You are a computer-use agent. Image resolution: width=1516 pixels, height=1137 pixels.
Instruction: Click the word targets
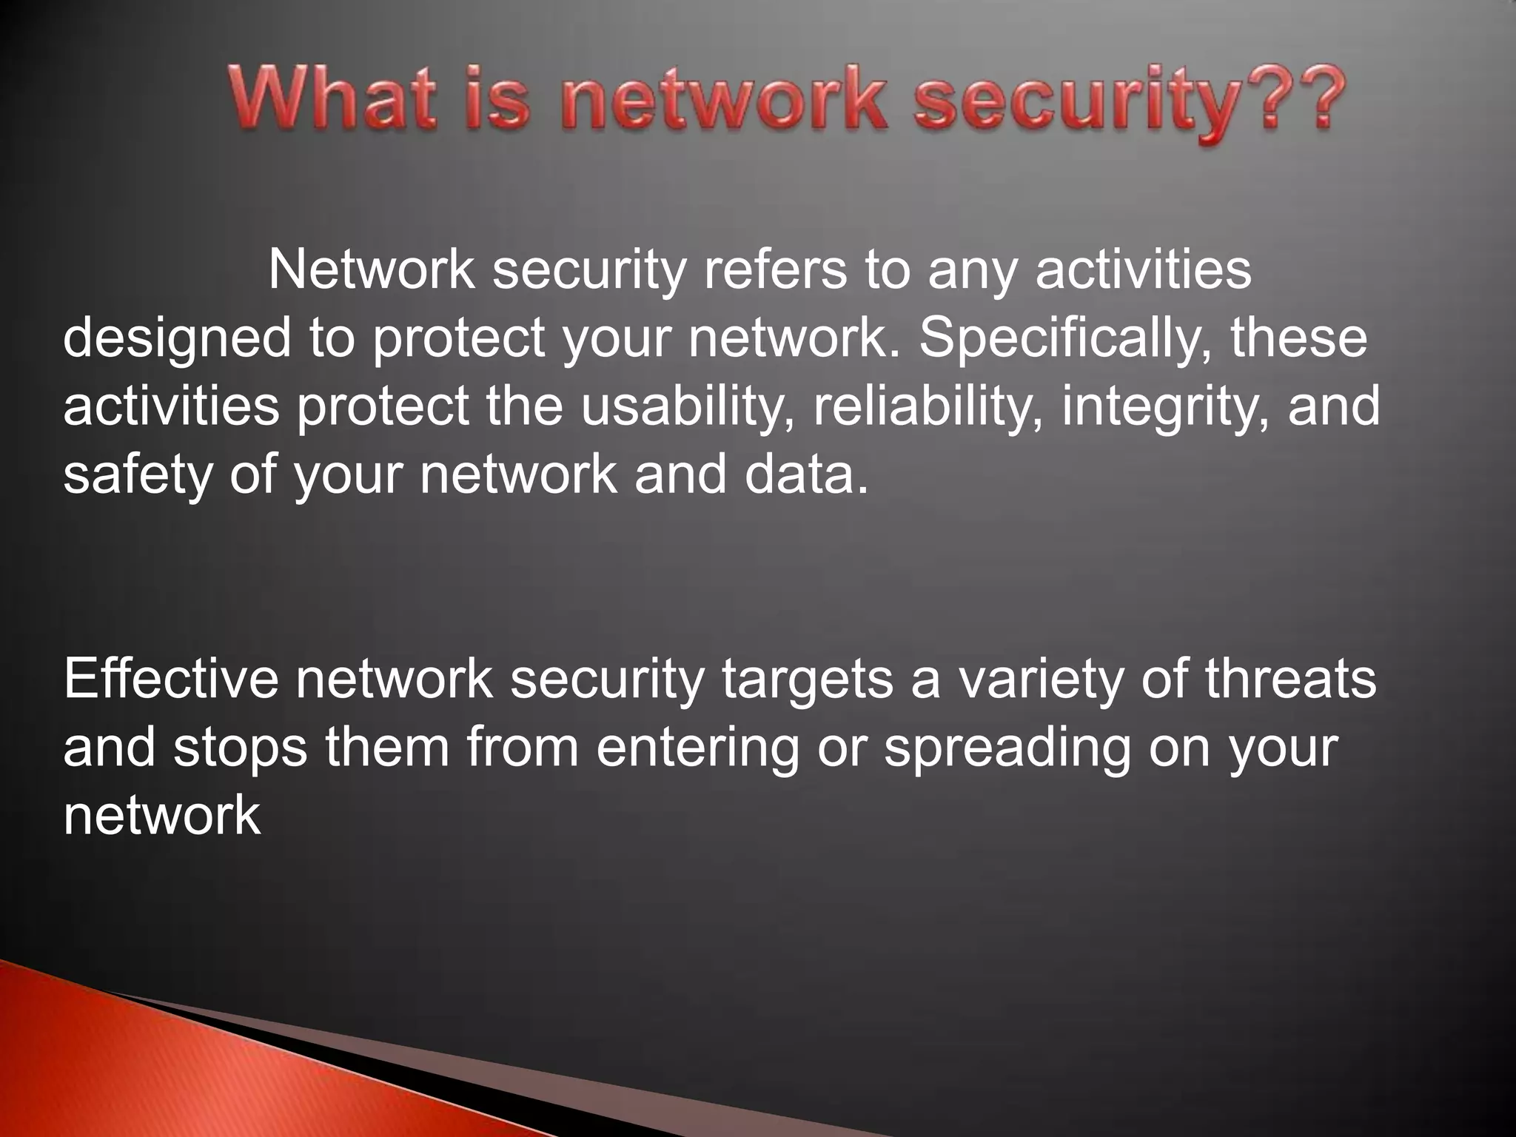coord(808,680)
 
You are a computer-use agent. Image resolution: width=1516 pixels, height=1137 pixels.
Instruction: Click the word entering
coord(697,748)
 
